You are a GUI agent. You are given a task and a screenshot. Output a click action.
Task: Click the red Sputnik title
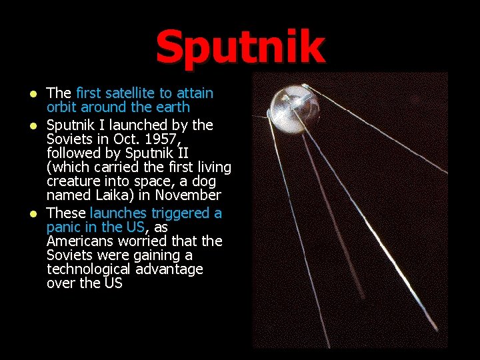[240, 47]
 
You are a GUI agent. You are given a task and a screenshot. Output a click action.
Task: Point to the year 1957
[163, 139]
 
